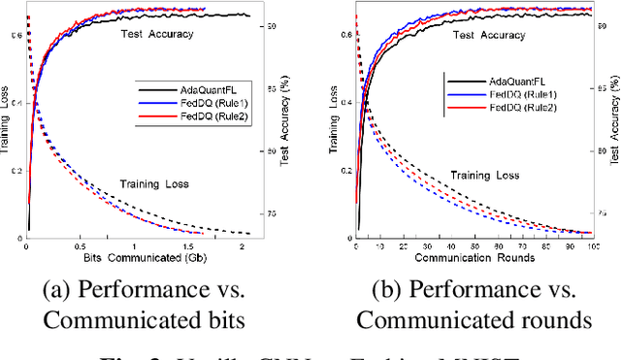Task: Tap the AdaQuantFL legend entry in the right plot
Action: [506, 82]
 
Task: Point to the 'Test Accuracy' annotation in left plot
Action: [157, 35]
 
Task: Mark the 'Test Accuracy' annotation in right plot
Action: [486, 35]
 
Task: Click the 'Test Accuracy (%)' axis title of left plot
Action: [283, 121]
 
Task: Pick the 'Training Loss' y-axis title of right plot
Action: [335, 121]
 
